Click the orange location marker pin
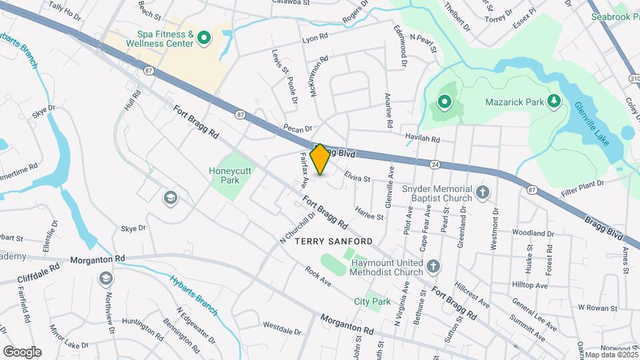click(x=320, y=159)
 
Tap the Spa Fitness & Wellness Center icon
click(x=203, y=39)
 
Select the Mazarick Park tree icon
click(x=553, y=101)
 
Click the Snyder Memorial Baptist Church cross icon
click(x=483, y=193)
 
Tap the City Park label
click(x=372, y=302)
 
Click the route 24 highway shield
click(x=435, y=163)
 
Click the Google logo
click(x=22, y=351)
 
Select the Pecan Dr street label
click(x=297, y=127)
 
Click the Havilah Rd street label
click(x=423, y=139)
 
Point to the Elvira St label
click(x=357, y=177)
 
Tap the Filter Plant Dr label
click(x=581, y=182)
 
